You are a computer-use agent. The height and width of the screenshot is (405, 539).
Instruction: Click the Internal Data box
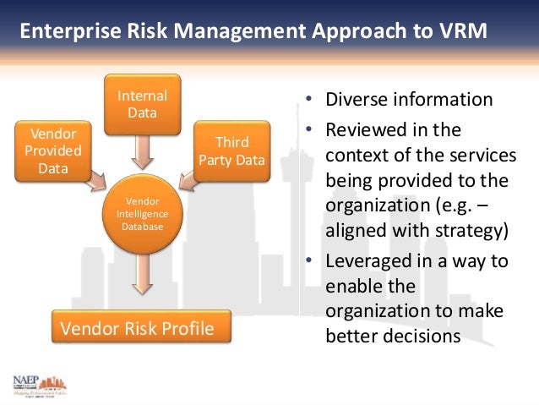(x=142, y=104)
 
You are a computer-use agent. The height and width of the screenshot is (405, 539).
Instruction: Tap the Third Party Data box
(x=231, y=151)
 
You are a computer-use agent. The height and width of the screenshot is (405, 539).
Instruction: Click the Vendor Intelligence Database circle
(x=142, y=213)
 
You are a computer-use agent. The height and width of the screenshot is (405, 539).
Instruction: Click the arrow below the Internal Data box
(x=142, y=153)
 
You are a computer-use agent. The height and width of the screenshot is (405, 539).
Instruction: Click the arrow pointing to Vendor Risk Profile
(x=142, y=282)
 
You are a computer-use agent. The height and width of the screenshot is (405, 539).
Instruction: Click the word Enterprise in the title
(x=63, y=32)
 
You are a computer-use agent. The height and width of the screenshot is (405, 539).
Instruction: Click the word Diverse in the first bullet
(x=356, y=99)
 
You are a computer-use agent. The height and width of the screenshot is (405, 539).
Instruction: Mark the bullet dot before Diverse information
(x=311, y=99)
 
